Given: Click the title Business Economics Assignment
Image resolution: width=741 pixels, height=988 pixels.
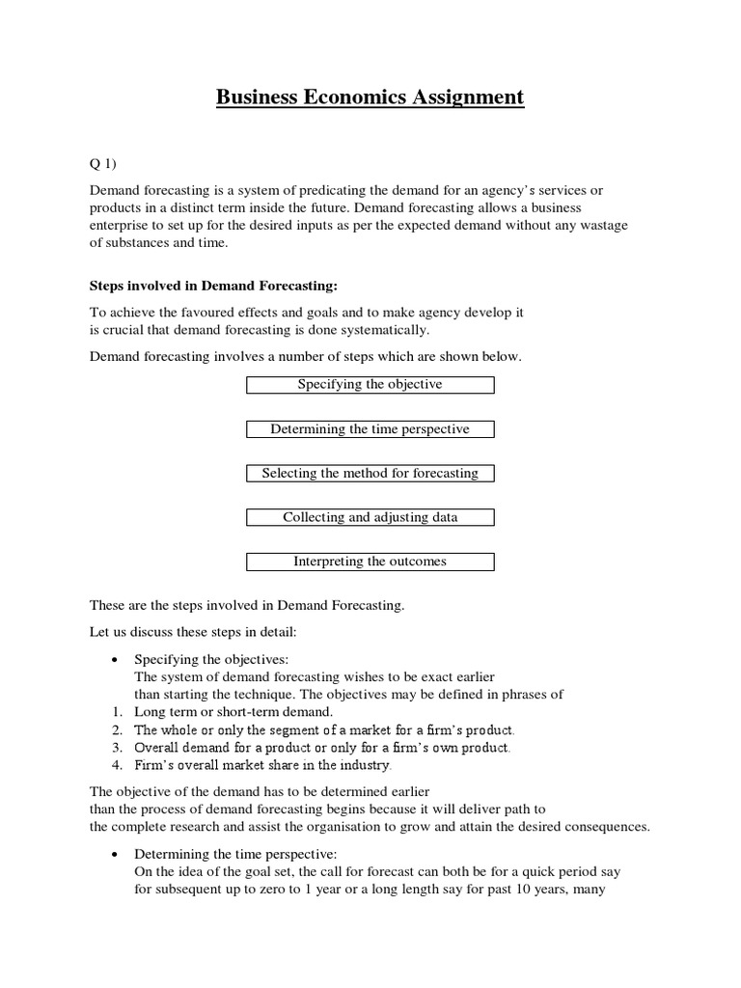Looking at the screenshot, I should pos(370,97).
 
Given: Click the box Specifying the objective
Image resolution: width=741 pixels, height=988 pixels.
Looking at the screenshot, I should pos(370,385).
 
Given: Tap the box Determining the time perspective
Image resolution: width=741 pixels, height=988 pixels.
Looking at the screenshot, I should pos(370,429).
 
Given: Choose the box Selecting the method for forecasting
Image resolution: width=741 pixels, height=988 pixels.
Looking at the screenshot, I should pos(370,474).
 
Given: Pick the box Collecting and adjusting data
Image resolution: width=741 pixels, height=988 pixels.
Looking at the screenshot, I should pos(370,518).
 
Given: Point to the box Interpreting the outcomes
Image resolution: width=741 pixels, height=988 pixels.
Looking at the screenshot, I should pos(370,562).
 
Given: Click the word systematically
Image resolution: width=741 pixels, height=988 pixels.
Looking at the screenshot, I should pos(379,331).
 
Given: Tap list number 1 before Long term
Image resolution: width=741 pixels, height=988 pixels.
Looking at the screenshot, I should pos(115,712).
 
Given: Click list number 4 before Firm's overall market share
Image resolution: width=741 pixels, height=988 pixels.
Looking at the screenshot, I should pos(115,766).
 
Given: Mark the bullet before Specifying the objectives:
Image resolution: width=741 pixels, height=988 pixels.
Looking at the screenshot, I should pos(115,659).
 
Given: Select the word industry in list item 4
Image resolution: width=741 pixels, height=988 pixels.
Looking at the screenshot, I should pos(363,766).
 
